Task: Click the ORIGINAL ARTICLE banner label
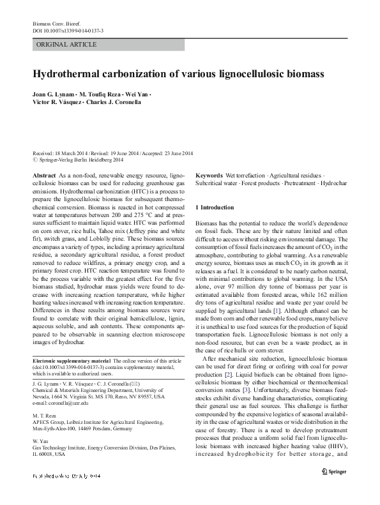point(67,44)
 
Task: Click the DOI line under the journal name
point(68,30)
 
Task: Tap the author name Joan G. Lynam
point(54,93)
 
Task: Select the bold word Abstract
point(43,174)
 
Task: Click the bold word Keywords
point(208,174)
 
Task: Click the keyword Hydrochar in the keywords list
point(334,183)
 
